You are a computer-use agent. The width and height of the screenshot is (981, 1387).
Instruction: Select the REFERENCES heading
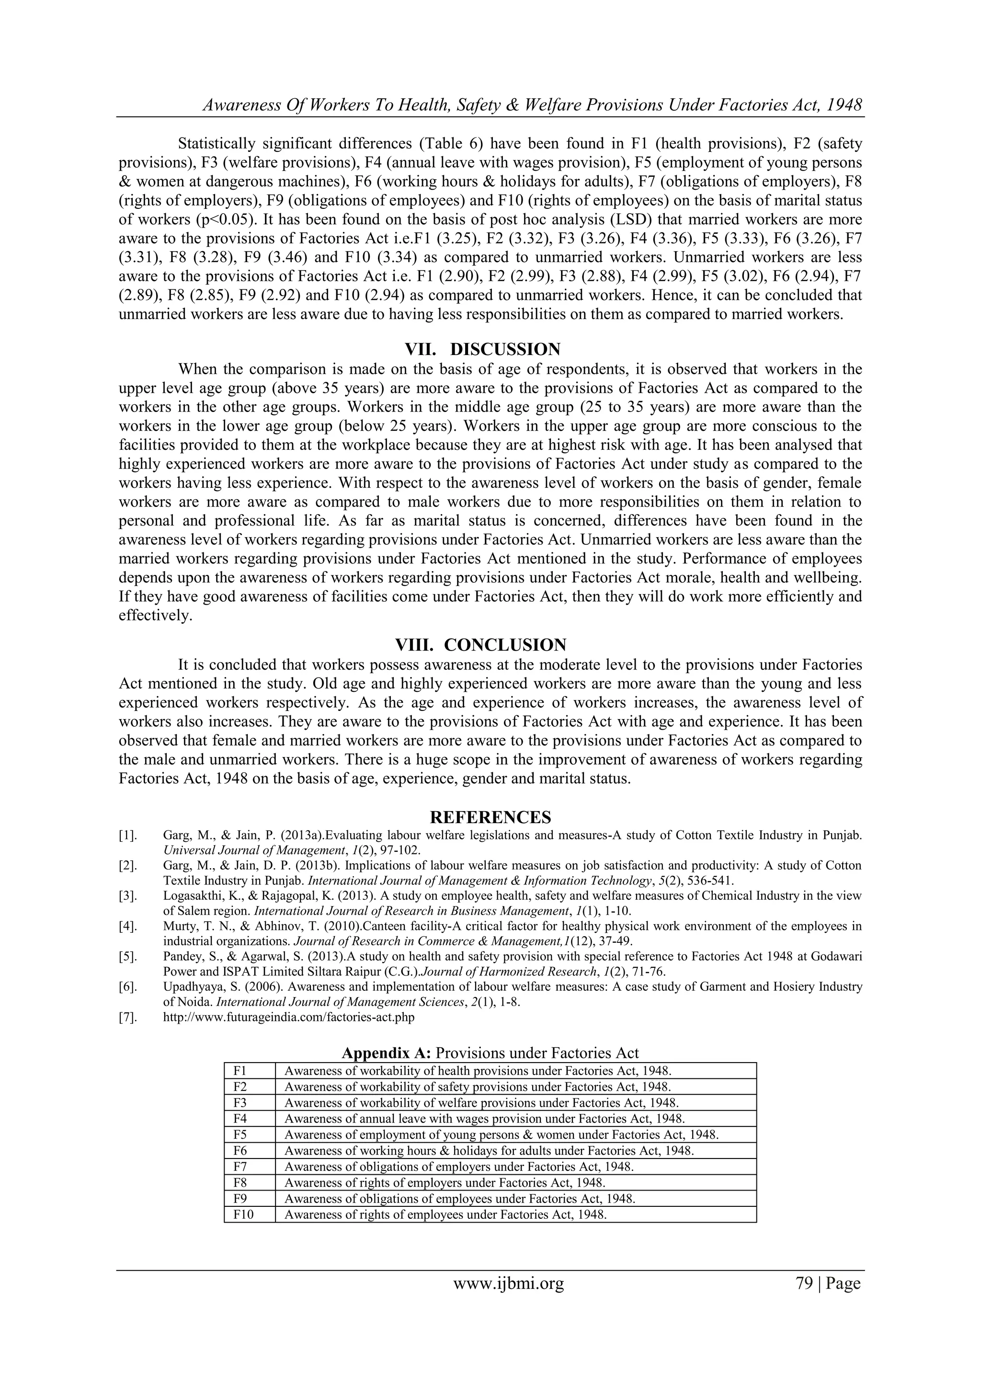click(x=490, y=818)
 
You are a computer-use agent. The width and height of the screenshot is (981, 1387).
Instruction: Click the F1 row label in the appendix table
click(x=240, y=1071)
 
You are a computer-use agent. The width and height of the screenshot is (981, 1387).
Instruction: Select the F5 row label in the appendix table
click(x=240, y=1135)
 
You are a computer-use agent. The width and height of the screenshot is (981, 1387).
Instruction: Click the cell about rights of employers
click(x=444, y=1183)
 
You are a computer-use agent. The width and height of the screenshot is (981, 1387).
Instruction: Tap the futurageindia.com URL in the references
click(x=289, y=1017)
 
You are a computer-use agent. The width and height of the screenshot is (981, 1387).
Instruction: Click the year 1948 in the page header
click(x=844, y=105)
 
